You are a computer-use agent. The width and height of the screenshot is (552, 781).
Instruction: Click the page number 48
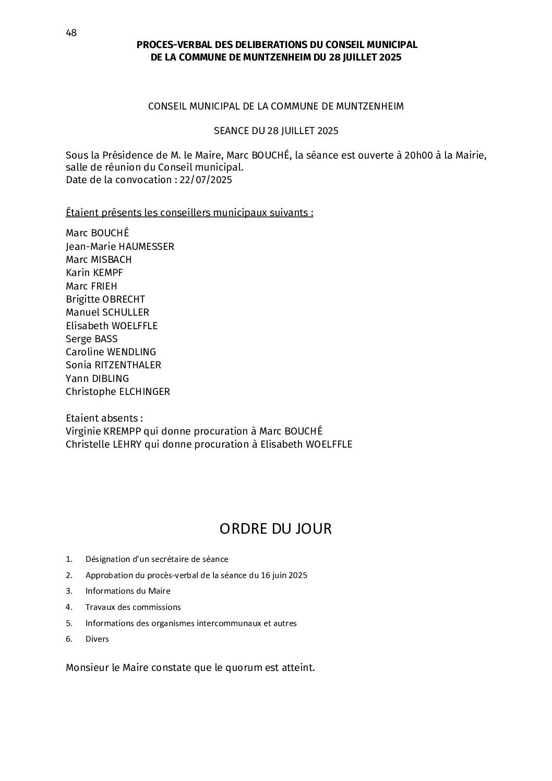(x=71, y=33)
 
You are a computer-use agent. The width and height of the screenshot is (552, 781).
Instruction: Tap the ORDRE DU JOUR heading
(x=275, y=528)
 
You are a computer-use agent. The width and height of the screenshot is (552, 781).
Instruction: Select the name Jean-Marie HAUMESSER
(x=120, y=246)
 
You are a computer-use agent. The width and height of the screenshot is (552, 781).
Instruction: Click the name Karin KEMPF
(x=94, y=272)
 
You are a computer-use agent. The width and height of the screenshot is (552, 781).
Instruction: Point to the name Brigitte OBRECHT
(x=105, y=299)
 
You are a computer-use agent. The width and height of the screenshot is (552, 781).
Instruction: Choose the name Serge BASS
(x=92, y=339)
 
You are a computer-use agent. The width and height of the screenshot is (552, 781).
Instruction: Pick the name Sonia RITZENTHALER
(x=113, y=365)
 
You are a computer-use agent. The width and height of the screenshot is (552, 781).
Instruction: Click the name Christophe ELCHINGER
(x=118, y=391)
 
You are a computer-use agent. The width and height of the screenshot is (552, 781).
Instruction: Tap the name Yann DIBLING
(x=97, y=378)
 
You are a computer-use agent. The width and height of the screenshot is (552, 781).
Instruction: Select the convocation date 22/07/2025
(x=206, y=180)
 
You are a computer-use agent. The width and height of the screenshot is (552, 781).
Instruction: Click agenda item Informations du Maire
(x=128, y=591)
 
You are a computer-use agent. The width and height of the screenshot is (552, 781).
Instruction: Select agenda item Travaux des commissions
(x=133, y=607)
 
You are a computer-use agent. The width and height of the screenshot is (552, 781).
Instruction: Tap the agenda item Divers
(x=97, y=639)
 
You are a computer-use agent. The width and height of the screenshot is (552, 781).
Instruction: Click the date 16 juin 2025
(x=284, y=575)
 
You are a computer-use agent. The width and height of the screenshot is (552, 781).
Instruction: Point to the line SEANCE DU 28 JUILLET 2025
(x=276, y=130)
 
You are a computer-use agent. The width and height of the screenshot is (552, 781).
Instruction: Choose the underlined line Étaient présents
(x=189, y=213)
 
